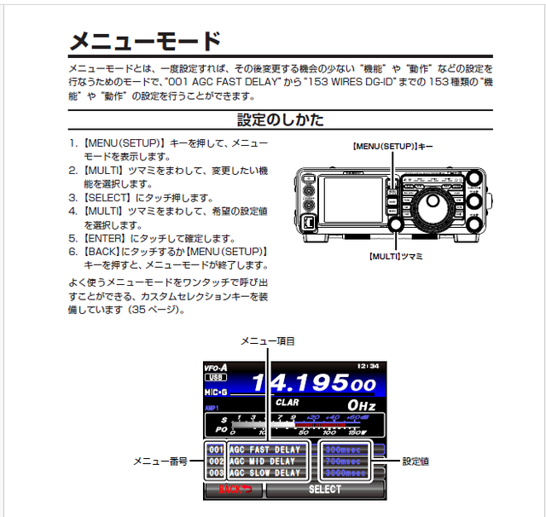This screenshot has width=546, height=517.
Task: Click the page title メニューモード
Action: (145, 40)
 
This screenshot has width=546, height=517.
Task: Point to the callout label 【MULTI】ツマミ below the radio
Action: (397, 255)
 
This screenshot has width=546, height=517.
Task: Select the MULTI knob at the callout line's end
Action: (397, 224)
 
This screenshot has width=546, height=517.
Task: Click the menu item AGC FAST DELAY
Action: (264, 450)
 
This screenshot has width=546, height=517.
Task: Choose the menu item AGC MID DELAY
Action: (264, 462)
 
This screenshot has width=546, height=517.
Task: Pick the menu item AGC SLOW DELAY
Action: (264, 473)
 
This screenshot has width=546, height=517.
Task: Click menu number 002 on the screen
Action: (216, 462)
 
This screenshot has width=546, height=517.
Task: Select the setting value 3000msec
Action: (347, 473)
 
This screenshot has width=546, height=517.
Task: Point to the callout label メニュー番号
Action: (160, 462)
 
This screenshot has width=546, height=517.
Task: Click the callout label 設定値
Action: (415, 462)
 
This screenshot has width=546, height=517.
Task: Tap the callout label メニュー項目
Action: (267, 341)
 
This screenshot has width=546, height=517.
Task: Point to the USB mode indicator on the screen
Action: (216, 377)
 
